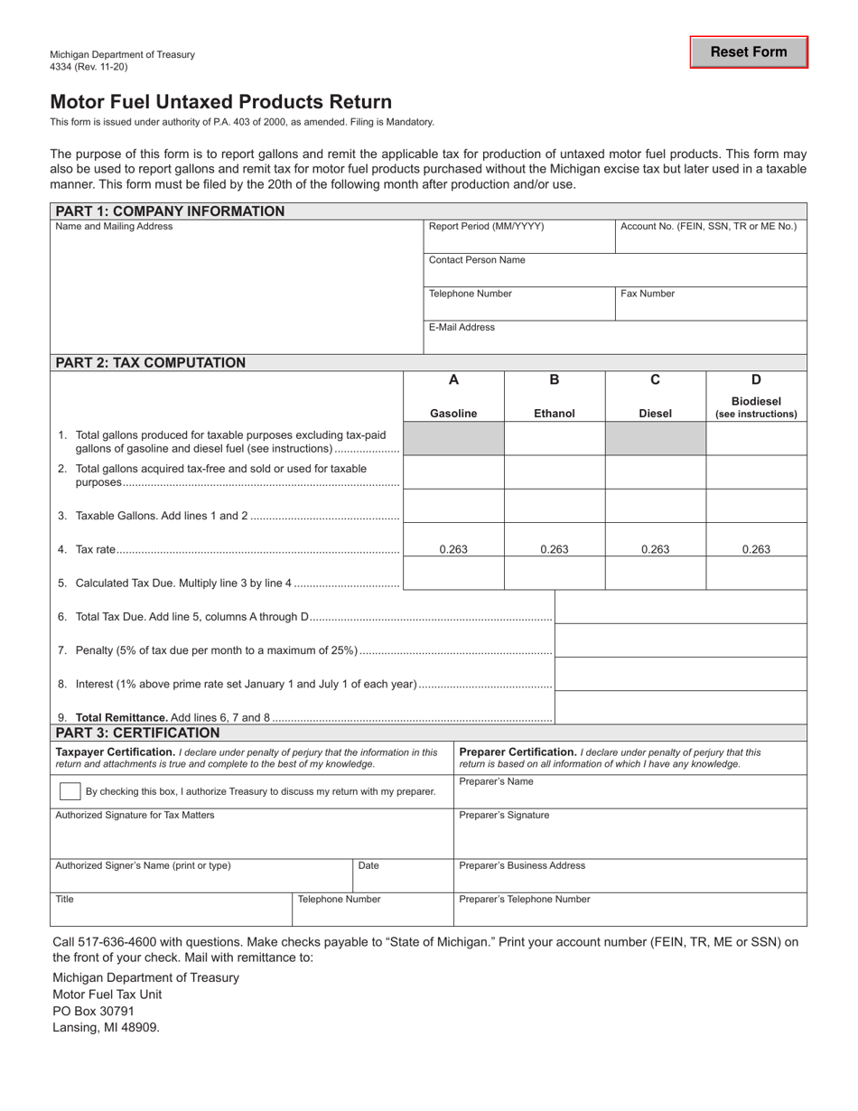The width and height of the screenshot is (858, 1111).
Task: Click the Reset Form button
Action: (749, 52)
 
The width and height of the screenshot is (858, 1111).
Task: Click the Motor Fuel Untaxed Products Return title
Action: (221, 102)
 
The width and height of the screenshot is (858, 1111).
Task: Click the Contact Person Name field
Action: (615, 270)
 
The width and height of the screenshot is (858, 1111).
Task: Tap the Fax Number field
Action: (711, 303)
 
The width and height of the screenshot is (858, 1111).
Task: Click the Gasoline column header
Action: (453, 414)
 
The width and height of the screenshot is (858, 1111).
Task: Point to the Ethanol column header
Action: (554, 414)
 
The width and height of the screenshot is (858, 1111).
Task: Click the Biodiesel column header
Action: (756, 407)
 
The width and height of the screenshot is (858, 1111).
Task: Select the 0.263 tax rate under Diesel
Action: (655, 548)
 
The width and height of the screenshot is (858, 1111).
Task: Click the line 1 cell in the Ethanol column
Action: (554, 439)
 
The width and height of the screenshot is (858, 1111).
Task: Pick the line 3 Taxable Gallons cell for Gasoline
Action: (453, 506)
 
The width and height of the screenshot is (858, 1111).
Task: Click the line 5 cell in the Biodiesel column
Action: (756, 574)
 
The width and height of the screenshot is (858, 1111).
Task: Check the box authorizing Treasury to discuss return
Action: (69, 791)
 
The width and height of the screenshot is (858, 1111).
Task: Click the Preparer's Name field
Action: (630, 792)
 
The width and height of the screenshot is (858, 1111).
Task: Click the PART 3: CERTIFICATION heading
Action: (137, 733)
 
